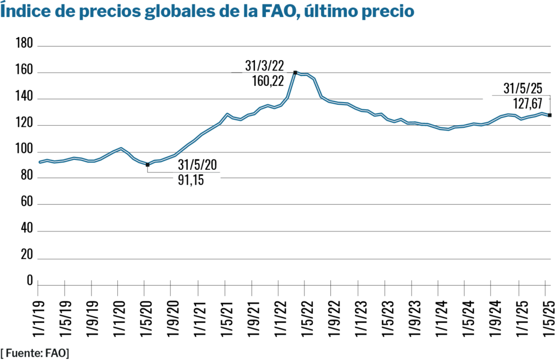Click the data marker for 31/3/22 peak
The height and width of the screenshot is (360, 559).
tap(295, 72)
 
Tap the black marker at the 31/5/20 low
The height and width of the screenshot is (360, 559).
tap(147, 164)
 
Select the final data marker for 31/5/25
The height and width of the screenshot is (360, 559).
tap(549, 115)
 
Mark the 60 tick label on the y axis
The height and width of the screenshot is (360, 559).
tap(27, 204)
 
